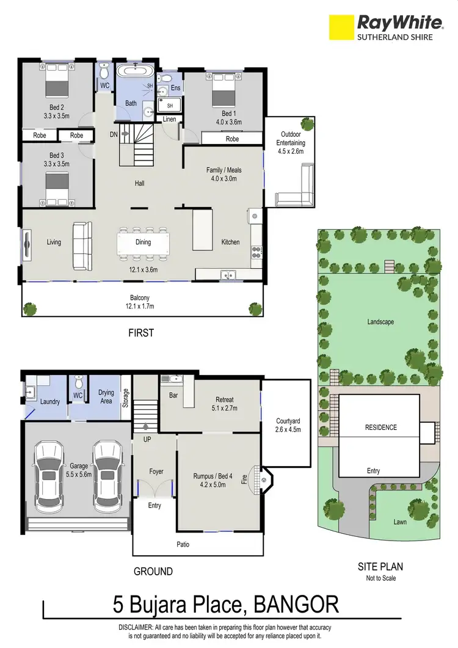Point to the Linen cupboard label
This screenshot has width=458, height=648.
pos(170,119)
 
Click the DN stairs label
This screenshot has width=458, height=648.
pos(114,134)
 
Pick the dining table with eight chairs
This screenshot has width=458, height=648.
pos(143,242)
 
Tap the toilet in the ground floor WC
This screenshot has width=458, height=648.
pos(78,384)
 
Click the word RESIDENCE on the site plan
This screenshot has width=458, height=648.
pos(380,428)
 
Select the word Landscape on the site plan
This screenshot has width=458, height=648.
pos(380,321)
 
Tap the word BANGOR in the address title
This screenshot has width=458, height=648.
pos(295,605)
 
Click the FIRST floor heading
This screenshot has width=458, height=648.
pos(140,333)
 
